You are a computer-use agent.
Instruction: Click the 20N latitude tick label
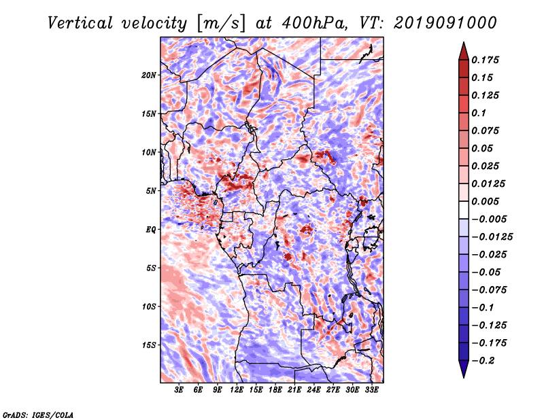click(x=149, y=75)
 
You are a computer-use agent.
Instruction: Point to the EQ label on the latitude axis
click(x=151, y=230)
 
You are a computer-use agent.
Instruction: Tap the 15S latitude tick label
click(x=149, y=345)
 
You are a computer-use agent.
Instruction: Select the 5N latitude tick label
click(x=151, y=191)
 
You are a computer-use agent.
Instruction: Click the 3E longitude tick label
click(x=179, y=390)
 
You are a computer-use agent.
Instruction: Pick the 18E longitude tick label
click(x=275, y=390)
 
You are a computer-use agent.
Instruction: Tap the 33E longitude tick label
click(x=371, y=390)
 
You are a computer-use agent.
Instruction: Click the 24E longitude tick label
click(x=313, y=390)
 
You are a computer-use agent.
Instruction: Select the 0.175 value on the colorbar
click(x=485, y=60)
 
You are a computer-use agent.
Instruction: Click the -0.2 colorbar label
click(x=483, y=361)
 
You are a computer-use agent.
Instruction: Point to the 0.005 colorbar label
click(x=485, y=201)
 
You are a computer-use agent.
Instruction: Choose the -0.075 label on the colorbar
click(x=489, y=290)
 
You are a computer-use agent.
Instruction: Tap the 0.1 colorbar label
click(x=479, y=113)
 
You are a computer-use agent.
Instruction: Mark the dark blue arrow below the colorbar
click(x=464, y=369)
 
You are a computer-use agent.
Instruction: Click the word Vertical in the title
click(x=80, y=23)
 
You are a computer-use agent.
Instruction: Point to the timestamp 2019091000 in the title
click(x=445, y=23)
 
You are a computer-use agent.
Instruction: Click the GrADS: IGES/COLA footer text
click(x=38, y=415)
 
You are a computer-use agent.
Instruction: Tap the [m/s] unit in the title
click(x=221, y=23)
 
